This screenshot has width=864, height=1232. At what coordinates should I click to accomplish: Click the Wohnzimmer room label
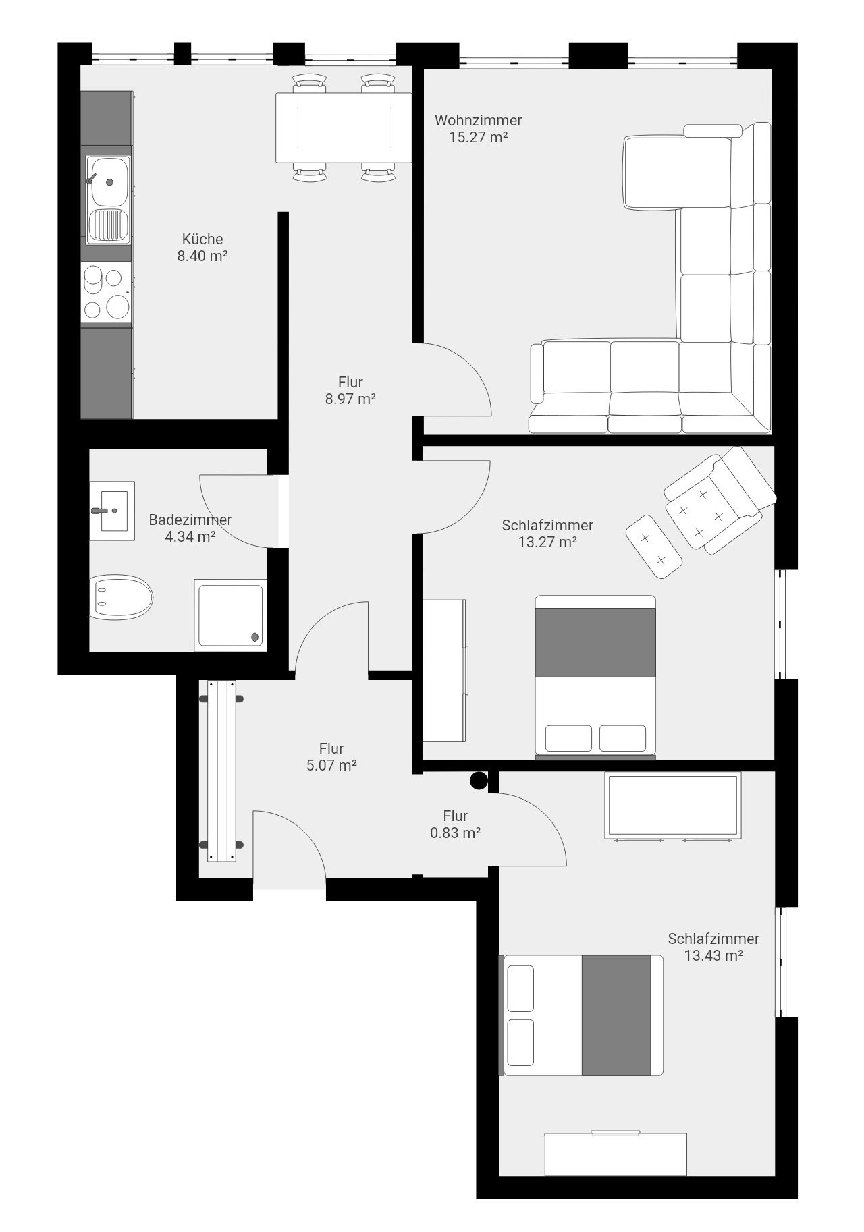coord(478,121)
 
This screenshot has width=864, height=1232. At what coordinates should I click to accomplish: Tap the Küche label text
coord(202,239)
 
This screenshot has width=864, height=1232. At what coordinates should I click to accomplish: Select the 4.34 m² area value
coord(190,537)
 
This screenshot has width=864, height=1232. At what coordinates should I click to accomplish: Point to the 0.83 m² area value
coord(456,833)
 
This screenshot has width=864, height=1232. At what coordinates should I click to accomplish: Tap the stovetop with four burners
coord(106,293)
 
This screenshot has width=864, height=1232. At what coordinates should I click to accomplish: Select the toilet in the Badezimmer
coord(121,598)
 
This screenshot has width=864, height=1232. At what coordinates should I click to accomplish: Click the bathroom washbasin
coord(113,511)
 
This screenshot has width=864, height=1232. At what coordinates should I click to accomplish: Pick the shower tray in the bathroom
coord(230,615)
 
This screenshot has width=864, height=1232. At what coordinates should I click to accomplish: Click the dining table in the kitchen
coord(344,128)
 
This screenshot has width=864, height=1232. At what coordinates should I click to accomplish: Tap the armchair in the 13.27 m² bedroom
coord(720,500)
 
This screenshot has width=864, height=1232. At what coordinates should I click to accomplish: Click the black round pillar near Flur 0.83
coord(479,781)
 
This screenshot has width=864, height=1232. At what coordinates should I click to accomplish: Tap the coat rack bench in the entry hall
coord(222,771)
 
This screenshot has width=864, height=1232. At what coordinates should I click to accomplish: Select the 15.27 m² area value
coord(478,138)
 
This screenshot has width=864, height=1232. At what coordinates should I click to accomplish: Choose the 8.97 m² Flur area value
coord(350,399)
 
